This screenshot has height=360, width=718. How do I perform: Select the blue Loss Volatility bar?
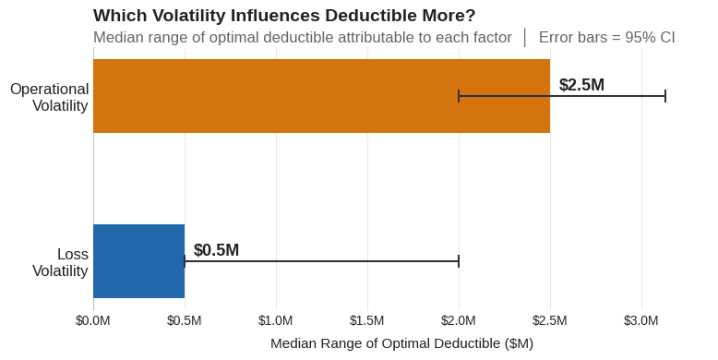tap(138, 261)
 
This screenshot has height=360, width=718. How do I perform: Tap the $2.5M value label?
tap(581, 85)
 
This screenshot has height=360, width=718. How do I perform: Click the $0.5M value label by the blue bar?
tap(216, 250)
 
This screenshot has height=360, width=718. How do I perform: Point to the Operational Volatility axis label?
tap(49, 97)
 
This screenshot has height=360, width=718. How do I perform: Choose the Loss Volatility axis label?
tap(60, 262)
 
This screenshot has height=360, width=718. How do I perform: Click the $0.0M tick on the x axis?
tap(93, 320)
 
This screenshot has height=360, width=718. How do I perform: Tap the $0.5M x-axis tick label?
tap(185, 320)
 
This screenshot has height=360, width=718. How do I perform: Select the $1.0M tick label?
tap(276, 320)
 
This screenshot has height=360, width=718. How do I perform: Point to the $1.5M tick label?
tap(367, 320)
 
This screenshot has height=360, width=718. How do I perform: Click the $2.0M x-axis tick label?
tap(459, 320)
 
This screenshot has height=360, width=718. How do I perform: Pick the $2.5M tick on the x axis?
tap(550, 320)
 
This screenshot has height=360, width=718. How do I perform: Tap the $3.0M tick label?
tap(641, 320)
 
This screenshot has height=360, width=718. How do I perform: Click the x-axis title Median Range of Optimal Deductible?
tap(401, 343)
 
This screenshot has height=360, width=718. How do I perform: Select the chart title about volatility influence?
tap(284, 16)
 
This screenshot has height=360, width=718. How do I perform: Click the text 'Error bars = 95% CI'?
tap(606, 38)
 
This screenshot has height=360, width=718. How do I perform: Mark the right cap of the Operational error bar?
tap(665, 96)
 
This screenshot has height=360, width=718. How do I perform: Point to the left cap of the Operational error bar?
tap(459, 96)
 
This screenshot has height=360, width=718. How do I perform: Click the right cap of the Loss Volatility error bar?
tap(459, 261)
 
